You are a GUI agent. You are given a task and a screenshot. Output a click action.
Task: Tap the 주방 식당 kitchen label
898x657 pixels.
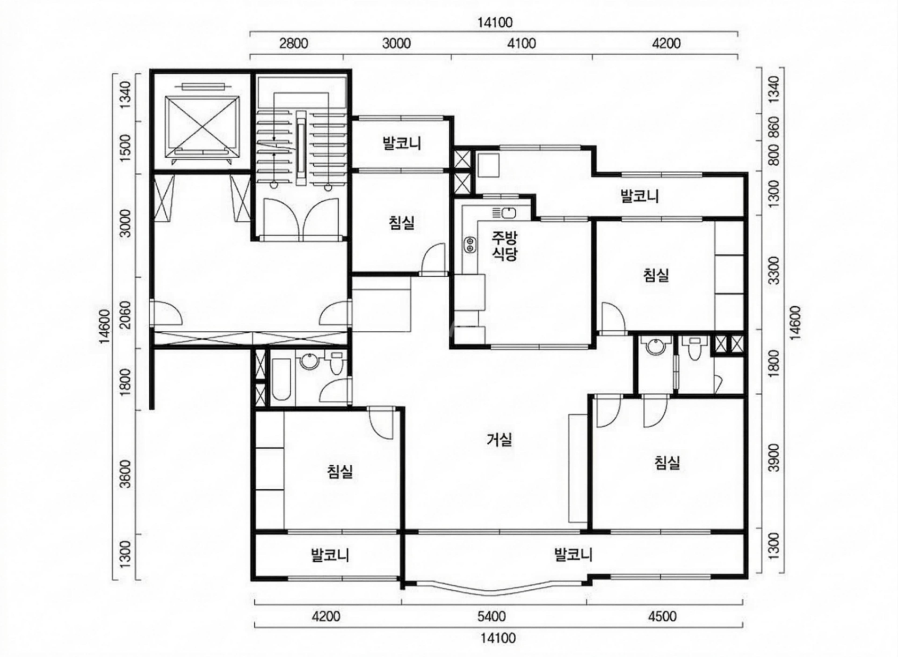click(505, 246)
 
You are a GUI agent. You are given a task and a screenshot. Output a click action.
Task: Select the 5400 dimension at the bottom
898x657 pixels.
click(492, 617)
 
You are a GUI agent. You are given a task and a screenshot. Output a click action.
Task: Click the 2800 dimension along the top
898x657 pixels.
click(293, 43)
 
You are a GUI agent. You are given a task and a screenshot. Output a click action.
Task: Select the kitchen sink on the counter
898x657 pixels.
click(504, 213)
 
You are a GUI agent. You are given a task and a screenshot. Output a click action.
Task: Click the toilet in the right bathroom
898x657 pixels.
click(694, 348)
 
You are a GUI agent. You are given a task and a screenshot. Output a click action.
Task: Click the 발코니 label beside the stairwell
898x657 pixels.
click(402, 143)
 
